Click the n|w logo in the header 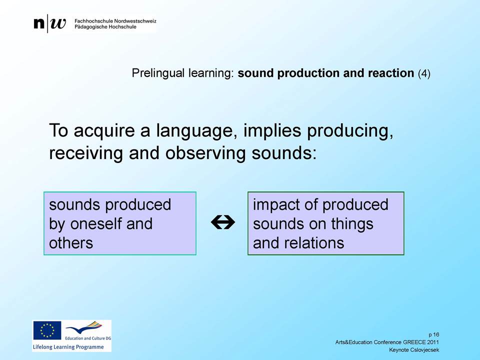coord(49,23)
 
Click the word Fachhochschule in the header coord(93,21)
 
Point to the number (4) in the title coord(424,73)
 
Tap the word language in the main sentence coord(197,131)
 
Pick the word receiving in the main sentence coord(86,153)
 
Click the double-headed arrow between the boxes coord(223,222)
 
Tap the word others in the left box coord(71,243)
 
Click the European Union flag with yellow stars coord(47,330)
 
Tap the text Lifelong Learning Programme coord(68,347)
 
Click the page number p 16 coord(434,334)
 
